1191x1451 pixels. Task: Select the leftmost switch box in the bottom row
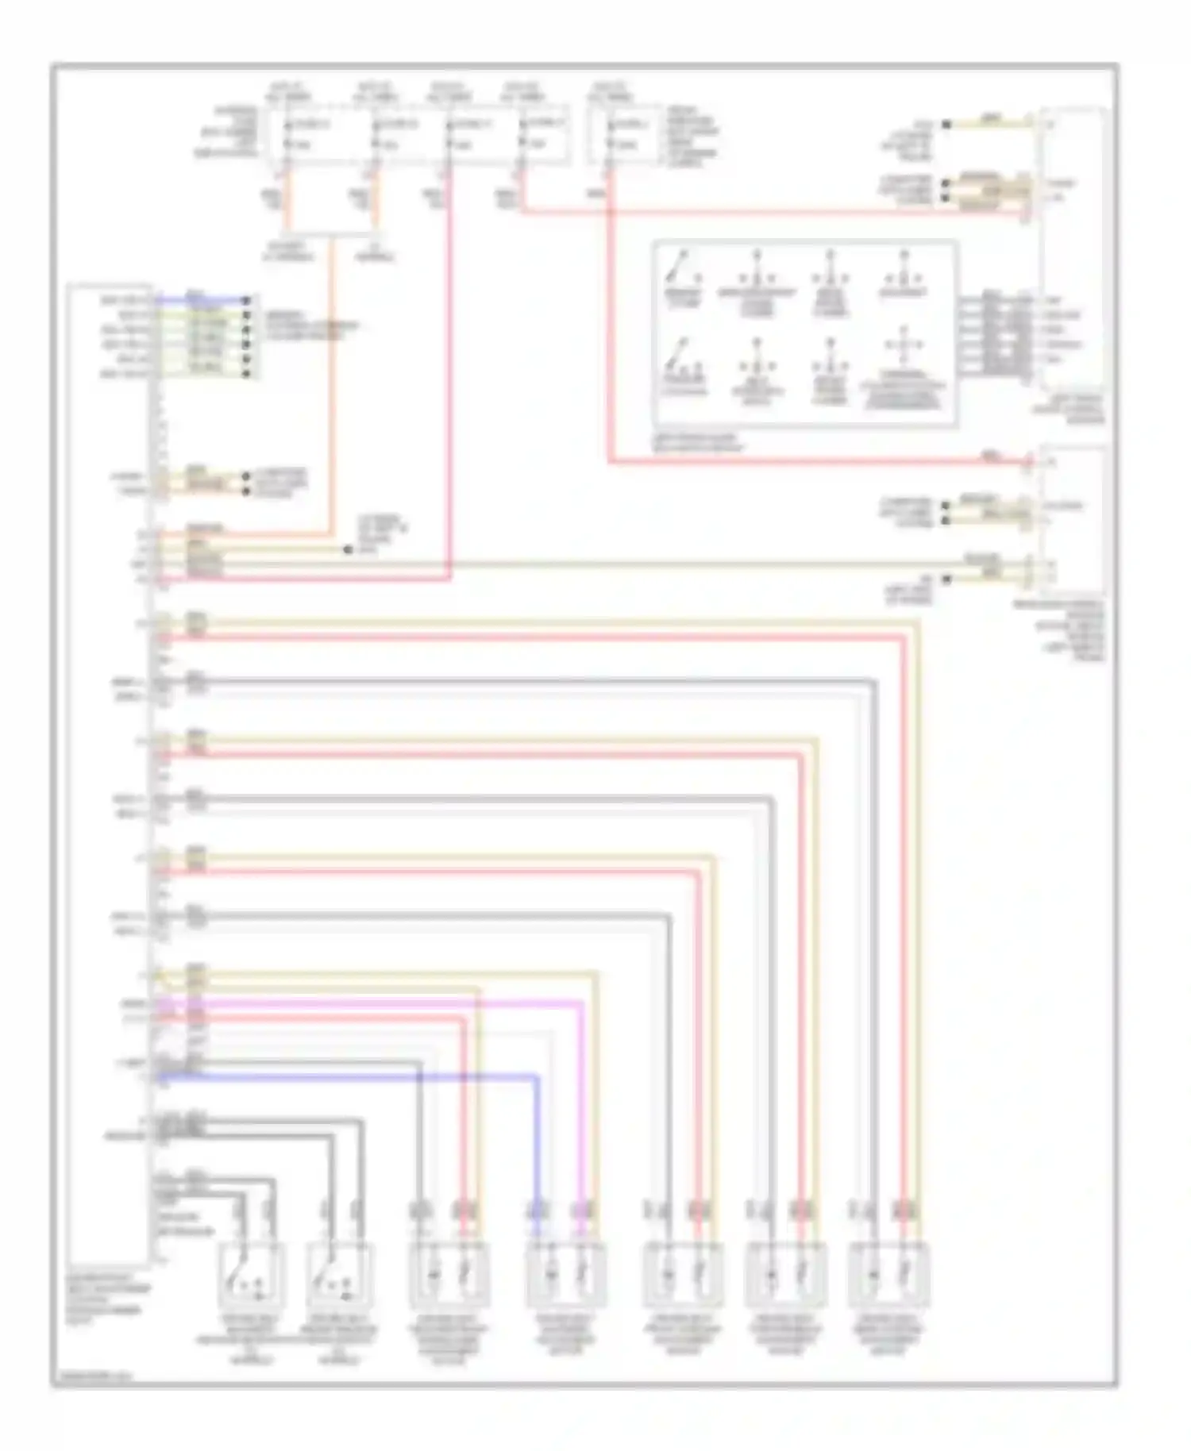coord(251,1276)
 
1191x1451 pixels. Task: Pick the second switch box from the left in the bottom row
coord(339,1276)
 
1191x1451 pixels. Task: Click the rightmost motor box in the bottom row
coord(888,1276)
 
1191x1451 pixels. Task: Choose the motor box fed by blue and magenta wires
coord(566,1276)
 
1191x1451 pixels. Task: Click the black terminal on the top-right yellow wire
coord(946,125)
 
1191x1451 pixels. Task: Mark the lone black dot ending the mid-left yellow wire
coord(347,549)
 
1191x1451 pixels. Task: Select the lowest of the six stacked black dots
coord(247,373)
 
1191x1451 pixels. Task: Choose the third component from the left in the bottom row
coord(449,1276)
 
